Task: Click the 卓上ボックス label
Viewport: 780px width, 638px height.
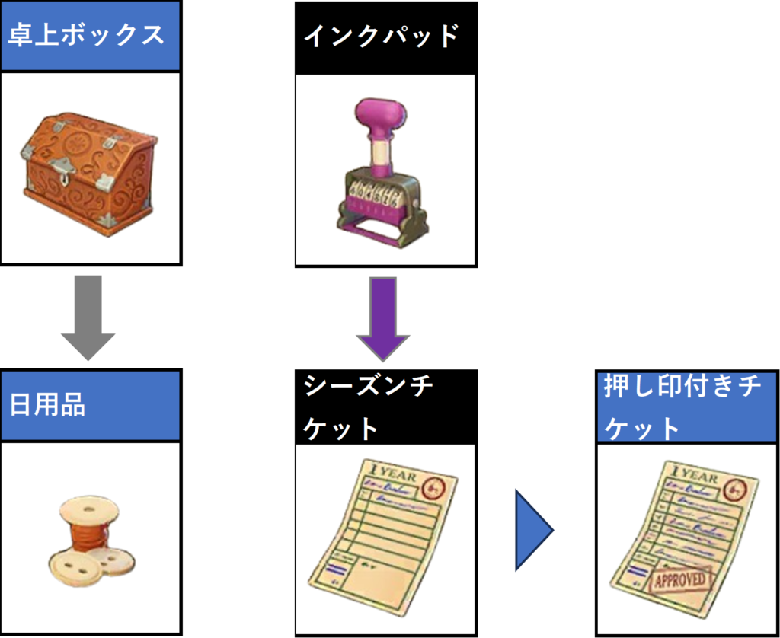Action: (86, 35)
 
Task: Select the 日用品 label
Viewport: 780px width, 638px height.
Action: (47, 405)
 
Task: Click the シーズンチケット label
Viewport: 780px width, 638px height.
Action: (369, 407)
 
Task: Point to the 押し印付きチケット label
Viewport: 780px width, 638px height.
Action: (682, 407)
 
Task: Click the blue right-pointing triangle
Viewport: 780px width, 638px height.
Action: (532, 530)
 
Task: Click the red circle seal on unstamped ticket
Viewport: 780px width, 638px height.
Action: (435, 486)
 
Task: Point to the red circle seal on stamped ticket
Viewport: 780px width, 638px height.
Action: (736, 487)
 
